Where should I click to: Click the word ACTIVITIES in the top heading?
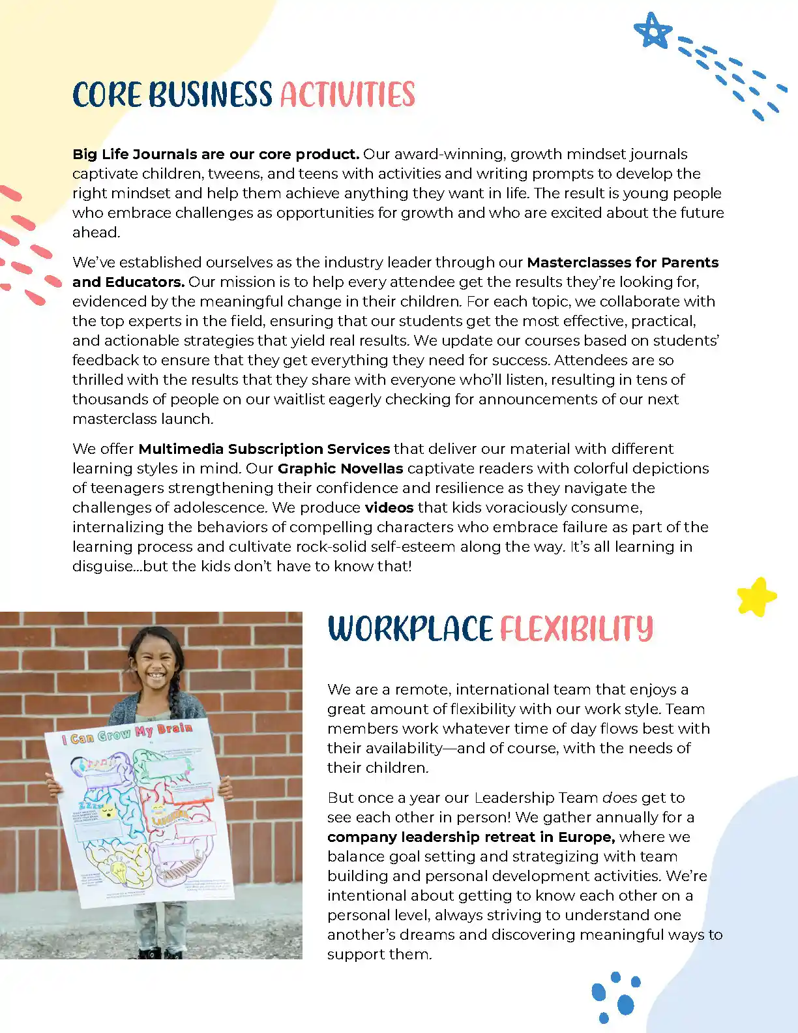point(347,95)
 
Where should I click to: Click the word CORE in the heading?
point(106,95)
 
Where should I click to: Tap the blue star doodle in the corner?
point(652,31)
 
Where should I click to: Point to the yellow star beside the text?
point(756,597)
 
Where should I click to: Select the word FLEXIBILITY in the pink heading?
point(576,629)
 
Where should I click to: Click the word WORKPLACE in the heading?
point(410,629)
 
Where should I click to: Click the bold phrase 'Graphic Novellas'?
point(340,468)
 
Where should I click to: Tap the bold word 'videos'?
point(389,507)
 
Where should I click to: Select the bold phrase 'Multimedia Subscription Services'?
point(264,449)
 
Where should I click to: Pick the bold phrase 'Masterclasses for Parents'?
point(623,262)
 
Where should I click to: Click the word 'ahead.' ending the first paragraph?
point(96,232)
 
